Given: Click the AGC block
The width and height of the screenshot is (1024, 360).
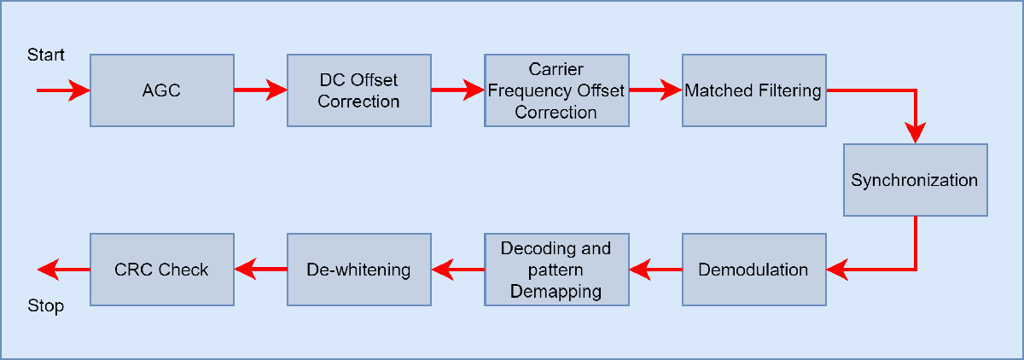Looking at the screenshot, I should (161, 90).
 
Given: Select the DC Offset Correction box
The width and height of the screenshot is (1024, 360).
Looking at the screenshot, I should (358, 90).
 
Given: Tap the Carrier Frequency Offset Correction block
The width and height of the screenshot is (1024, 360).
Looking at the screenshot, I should (556, 90).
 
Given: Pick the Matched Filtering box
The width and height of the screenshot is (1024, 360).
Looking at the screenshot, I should (753, 90).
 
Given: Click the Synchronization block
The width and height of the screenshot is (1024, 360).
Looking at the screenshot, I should (915, 180).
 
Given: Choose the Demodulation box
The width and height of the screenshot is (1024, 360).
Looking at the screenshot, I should (753, 270).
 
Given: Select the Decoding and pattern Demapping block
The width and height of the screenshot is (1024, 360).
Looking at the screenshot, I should (556, 270).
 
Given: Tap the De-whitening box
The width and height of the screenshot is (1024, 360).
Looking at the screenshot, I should (358, 270).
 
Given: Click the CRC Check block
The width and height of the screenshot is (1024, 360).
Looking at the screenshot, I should (161, 270).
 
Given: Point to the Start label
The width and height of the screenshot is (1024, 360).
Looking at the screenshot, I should (46, 55).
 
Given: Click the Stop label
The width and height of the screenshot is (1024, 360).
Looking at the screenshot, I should (46, 306).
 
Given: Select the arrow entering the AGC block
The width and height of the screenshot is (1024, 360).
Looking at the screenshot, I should (63, 90).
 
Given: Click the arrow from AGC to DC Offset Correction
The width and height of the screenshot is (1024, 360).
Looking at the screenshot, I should (260, 90).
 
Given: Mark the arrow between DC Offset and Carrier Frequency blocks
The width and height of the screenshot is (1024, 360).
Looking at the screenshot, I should (457, 90).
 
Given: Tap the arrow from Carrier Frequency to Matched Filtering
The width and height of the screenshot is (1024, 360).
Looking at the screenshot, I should (655, 90).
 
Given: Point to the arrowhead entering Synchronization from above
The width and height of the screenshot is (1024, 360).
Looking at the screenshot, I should (916, 132).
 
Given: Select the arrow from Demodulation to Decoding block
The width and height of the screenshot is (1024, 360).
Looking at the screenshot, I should (655, 270).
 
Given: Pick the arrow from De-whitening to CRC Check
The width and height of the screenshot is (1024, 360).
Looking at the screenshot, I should (260, 270).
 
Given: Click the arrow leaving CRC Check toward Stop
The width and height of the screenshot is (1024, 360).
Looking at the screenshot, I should (63, 270).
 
